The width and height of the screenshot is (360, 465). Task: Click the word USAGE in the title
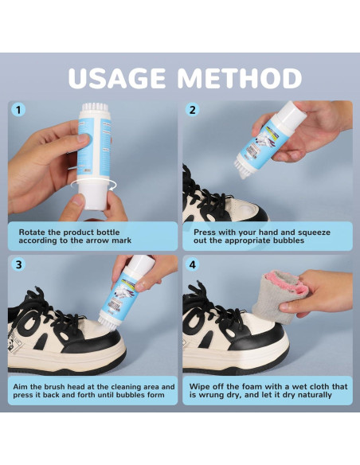click(117, 78)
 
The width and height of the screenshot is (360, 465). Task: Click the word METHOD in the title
click(241, 78)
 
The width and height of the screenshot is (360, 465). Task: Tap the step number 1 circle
click(18, 110)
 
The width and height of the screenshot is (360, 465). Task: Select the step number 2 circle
click(193, 110)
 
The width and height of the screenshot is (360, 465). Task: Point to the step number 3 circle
click(18, 264)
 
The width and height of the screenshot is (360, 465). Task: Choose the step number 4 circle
click(193, 264)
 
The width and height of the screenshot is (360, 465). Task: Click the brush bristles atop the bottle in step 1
click(95, 107)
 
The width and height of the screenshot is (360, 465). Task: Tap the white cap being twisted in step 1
click(92, 196)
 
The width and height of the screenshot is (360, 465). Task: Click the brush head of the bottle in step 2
click(244, 170)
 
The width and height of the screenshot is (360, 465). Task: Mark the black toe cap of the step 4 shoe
click(261, 338)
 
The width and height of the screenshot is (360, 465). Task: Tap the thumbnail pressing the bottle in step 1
click(84, 138)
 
